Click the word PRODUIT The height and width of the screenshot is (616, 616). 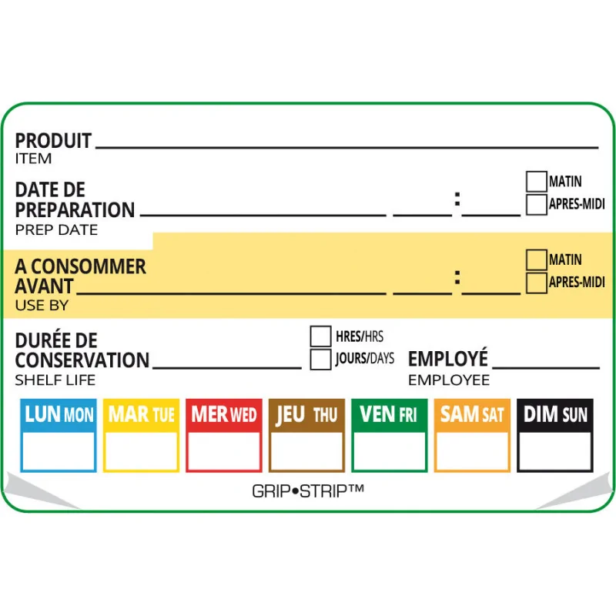[x=53, y=141]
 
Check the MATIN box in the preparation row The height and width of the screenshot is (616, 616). [x=536, y=182]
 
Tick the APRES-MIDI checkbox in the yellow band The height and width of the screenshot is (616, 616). [x=536, y=283]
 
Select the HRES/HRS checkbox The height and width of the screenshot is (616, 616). [x=320, y=336]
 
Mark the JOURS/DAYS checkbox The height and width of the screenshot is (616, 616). [x=320, y=359]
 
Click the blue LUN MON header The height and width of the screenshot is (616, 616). [x=59, y=414]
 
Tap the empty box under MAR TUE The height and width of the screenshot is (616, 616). [x=141, y=451]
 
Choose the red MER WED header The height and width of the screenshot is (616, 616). [x=224, y=414]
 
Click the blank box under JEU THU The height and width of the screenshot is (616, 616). [x=306, y=451]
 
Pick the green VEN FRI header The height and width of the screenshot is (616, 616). [x=389, y=414]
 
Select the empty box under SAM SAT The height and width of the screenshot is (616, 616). [x=472, y=451]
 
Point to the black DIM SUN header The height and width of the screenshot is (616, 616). [x=554, y=414]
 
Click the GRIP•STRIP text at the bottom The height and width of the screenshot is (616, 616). [x=308, y=490]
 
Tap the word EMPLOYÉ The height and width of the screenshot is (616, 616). [x=447, y=360]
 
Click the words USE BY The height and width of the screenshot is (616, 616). [x=42, y=306]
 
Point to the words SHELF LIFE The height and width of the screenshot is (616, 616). [x=55, y=380]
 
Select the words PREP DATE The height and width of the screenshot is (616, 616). [x=56, y=230]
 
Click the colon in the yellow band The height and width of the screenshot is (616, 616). [x=457, y=278]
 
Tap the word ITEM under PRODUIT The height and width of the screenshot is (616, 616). [x=34, y=159]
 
